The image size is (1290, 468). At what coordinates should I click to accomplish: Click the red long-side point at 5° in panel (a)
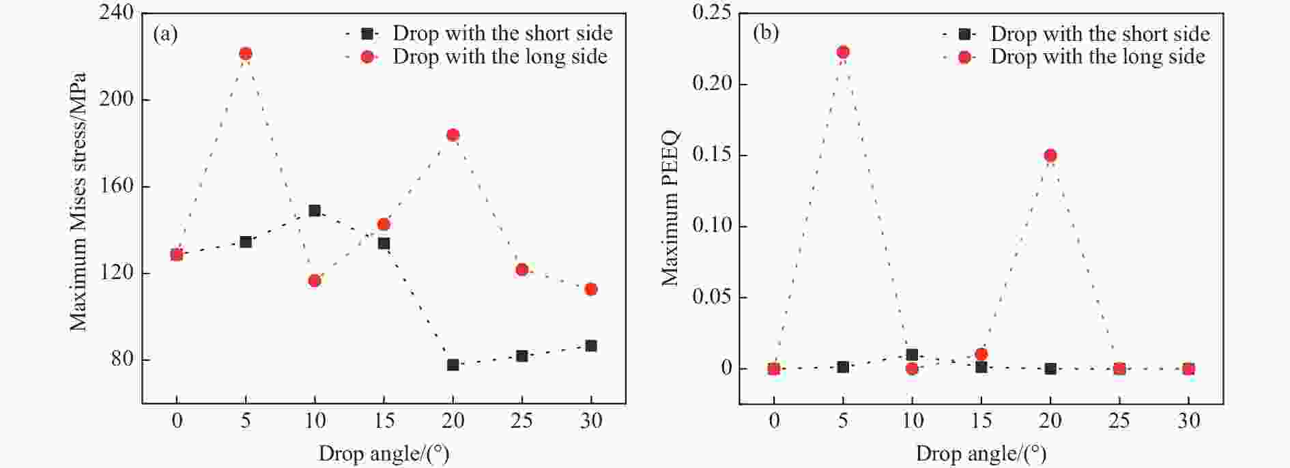(246, 54)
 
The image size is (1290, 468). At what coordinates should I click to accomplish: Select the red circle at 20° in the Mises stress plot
(453, 135)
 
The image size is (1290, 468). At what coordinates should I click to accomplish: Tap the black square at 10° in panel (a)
(315, 211)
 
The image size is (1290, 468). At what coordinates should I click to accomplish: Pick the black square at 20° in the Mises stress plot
(453, 365)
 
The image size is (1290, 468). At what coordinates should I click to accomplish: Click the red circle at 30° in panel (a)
(591, 289)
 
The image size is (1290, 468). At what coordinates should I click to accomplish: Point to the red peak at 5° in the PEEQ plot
(843, 52)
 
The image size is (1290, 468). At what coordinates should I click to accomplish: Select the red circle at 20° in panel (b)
(1050, 156)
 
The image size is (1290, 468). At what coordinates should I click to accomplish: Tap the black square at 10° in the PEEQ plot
(912, 355)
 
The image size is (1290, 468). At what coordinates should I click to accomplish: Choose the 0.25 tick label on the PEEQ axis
(712, 13)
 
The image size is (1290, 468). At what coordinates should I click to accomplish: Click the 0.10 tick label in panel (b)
(712, 226)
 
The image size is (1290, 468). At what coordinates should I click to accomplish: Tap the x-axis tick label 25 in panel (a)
(521, 421)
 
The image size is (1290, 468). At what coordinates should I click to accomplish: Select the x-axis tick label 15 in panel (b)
(981, 421)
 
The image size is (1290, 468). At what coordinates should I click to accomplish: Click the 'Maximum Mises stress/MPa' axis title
(78, 202)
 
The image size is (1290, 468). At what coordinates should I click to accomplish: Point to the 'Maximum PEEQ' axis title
(670, 208)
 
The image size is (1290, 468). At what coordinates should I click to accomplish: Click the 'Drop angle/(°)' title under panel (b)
(981, 454)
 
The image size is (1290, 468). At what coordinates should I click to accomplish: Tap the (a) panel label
(165, 33)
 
